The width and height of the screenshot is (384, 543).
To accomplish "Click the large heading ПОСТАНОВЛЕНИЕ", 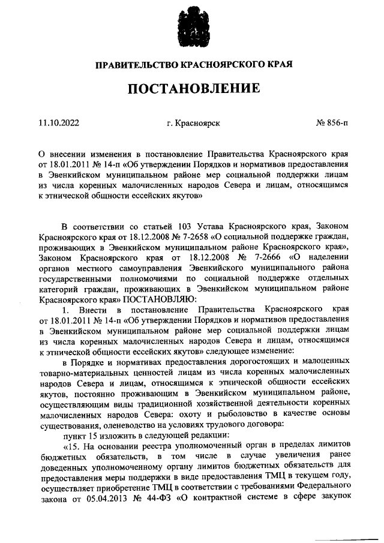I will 193,89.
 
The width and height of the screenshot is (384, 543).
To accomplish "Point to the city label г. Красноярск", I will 193,124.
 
